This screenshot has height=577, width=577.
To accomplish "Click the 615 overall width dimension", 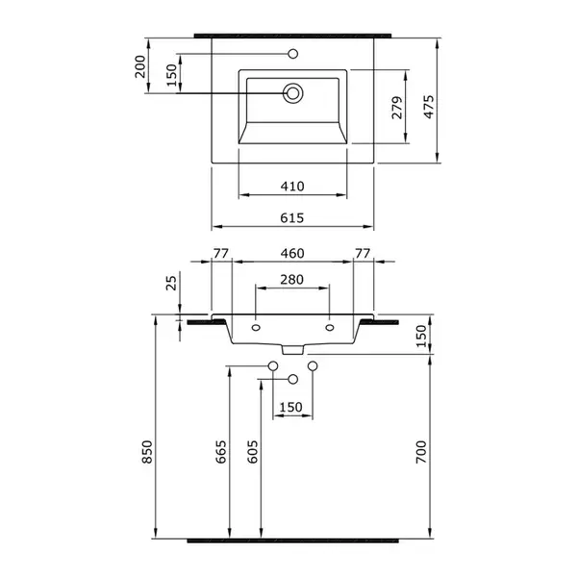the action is (292, 218).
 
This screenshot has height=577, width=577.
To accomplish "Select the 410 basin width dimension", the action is (292, 187).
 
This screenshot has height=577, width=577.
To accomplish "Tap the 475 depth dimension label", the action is (428, 107).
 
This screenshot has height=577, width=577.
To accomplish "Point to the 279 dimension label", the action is (396, 108).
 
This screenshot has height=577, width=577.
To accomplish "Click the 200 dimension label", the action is (140, 66).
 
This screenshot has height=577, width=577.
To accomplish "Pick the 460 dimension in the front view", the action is (292, 253).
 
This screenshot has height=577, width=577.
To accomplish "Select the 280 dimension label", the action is (291, 280).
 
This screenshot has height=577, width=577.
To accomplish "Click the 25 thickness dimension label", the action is (171, 283).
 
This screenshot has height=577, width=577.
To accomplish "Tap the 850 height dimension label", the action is (147, 452).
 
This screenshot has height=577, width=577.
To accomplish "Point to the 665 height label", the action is (220, 452).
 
